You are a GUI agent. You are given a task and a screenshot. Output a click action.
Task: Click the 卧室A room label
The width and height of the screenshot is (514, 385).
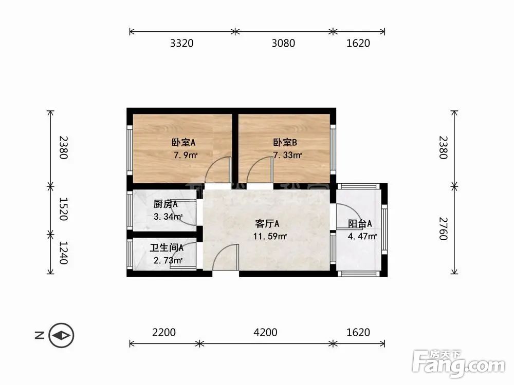(183, 143)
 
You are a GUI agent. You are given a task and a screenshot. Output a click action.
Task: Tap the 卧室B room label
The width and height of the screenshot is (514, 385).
(285, 143)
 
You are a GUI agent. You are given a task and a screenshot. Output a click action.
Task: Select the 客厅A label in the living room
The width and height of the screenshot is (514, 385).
(267, 224)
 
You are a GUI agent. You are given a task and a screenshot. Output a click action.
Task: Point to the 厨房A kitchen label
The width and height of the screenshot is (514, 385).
(166, 204)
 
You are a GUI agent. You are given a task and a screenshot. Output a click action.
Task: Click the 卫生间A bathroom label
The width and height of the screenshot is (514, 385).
(167, 248)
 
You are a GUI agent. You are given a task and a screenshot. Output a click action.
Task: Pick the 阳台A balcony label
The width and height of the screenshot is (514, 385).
(360, 224)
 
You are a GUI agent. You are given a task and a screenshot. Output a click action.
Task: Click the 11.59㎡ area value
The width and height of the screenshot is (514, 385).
(269, 237)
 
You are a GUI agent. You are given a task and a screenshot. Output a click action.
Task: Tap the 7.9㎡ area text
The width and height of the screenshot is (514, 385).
(187, 155)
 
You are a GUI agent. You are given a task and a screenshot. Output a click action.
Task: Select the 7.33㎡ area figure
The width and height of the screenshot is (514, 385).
(287, 155)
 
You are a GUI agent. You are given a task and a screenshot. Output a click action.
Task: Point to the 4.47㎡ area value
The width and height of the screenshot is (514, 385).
(362, 237)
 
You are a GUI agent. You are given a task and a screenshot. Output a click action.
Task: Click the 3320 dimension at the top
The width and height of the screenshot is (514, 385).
(181, 43)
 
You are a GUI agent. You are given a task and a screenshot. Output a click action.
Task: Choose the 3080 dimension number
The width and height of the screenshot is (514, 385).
(283, 43)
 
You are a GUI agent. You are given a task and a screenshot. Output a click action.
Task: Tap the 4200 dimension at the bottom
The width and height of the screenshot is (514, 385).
(265, 333)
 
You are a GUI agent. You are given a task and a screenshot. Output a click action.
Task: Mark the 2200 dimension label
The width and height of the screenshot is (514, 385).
(164, 333)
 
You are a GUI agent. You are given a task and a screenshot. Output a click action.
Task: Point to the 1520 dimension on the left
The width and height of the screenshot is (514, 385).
(63, 209)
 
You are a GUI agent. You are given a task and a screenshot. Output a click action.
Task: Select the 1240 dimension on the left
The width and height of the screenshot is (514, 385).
(63, 253)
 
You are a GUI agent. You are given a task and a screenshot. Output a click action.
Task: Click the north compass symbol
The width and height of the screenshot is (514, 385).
(62, 336)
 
